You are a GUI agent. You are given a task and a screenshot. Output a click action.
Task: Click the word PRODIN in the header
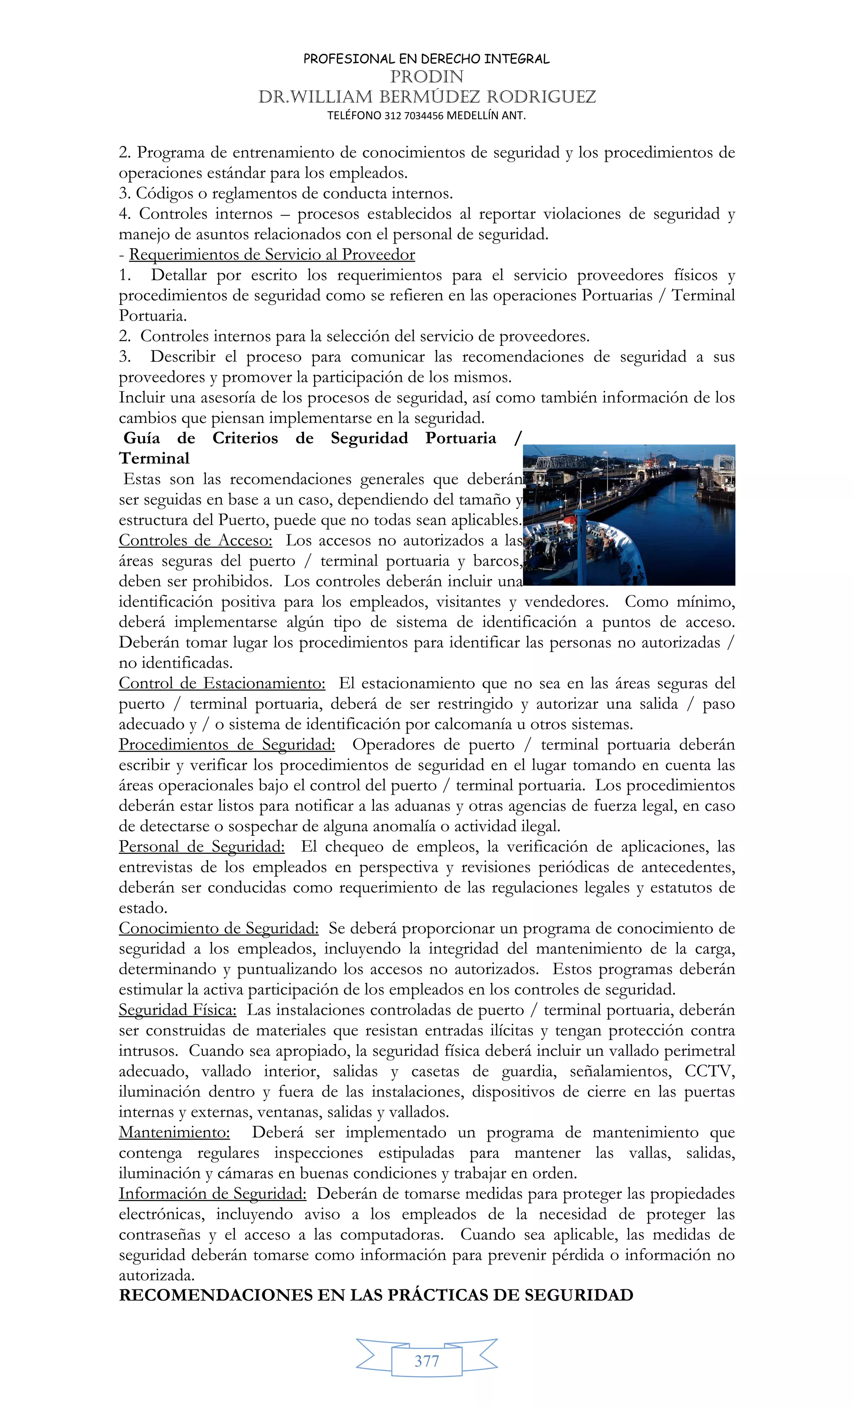[x=427, y=76]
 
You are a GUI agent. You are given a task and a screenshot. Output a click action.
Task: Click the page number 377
[x=427, y=1361]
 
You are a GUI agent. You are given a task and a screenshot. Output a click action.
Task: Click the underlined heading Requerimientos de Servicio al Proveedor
[x=272, y=255]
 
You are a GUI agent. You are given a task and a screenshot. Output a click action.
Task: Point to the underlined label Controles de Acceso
[x=195, y=540]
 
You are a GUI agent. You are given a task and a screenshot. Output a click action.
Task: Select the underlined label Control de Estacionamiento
[x=222, y=684]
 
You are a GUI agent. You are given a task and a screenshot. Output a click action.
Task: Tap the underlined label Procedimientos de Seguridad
[x=226, y=745]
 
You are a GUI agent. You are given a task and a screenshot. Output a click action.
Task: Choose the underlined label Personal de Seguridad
[x=201, y=847]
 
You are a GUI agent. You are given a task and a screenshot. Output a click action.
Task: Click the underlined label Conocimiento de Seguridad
[x=219, y=929]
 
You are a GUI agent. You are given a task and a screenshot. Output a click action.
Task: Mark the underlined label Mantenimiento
[x=174, y=1133]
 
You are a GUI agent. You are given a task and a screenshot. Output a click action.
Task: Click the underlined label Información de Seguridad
[x=212, y=1193]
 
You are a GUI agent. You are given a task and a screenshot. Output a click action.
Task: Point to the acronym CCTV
[x=710, y=1071]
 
